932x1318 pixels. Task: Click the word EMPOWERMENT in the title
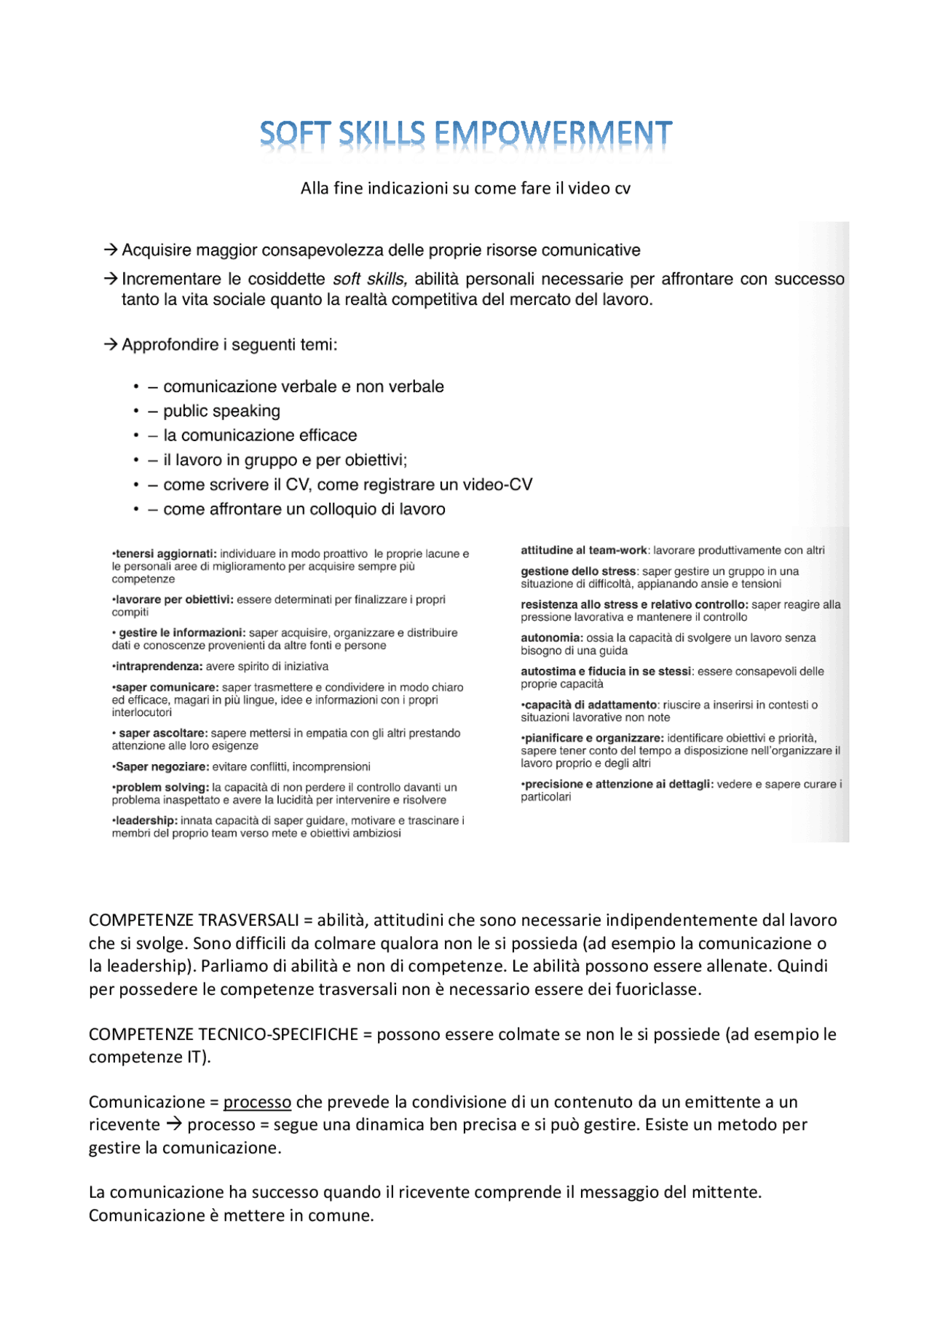[553, 135]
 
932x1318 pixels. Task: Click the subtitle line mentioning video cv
[465, 188]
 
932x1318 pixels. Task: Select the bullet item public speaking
[221, 411]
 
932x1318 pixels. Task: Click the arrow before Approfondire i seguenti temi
[111, 345]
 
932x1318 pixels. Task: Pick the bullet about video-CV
[347, 485]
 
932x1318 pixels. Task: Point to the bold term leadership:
[145, 820]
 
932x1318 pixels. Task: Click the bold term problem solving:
[160, 787]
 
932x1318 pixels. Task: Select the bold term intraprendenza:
[157, 666]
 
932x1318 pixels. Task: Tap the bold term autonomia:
[551, 638]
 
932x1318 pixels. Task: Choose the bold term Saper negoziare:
[161, 766]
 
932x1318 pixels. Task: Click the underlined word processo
[257, 1102]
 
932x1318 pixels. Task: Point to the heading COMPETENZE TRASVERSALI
[194, 921]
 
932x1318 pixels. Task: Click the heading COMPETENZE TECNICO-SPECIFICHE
[223, 1034]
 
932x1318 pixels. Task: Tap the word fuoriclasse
[657, 989]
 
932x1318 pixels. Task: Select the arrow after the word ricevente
[173, 1124]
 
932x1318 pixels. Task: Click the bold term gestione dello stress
[578, 571]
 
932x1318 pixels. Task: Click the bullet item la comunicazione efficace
[260, 435]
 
